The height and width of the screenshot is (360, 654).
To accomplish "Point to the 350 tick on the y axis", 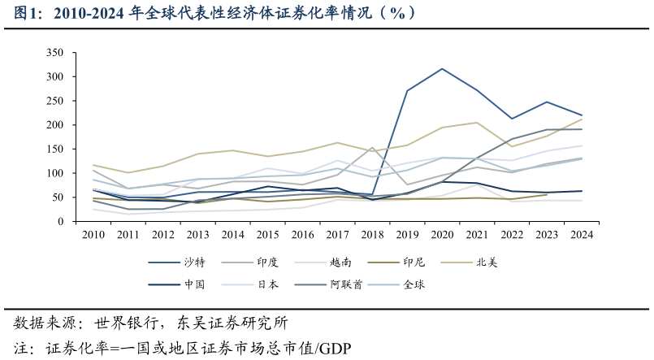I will pyautogui.click(x=55, y=53).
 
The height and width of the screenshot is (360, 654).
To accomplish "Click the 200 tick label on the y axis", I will pyautogui.click(x=55, y=125).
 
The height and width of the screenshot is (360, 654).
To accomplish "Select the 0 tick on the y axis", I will pyautogui.click(x=60, y=222).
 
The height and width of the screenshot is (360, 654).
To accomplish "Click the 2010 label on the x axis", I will pyautogui.click(x=93, y=234).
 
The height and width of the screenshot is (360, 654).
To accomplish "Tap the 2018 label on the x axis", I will pyautogui.click(x=372, y=234).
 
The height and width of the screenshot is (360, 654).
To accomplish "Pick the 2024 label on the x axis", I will pyautogui.click(x=581, y=234).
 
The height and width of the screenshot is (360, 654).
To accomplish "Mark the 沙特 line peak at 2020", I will pyautogui.click(x=442, y=68).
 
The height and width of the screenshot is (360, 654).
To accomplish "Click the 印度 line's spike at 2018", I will pyautogui.click(x=372, y=148).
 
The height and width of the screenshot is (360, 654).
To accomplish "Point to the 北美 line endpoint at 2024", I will pyautogui.click(x=582, y=119).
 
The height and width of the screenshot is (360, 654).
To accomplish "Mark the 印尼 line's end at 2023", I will pyautogui.click(x=547, y=194).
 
